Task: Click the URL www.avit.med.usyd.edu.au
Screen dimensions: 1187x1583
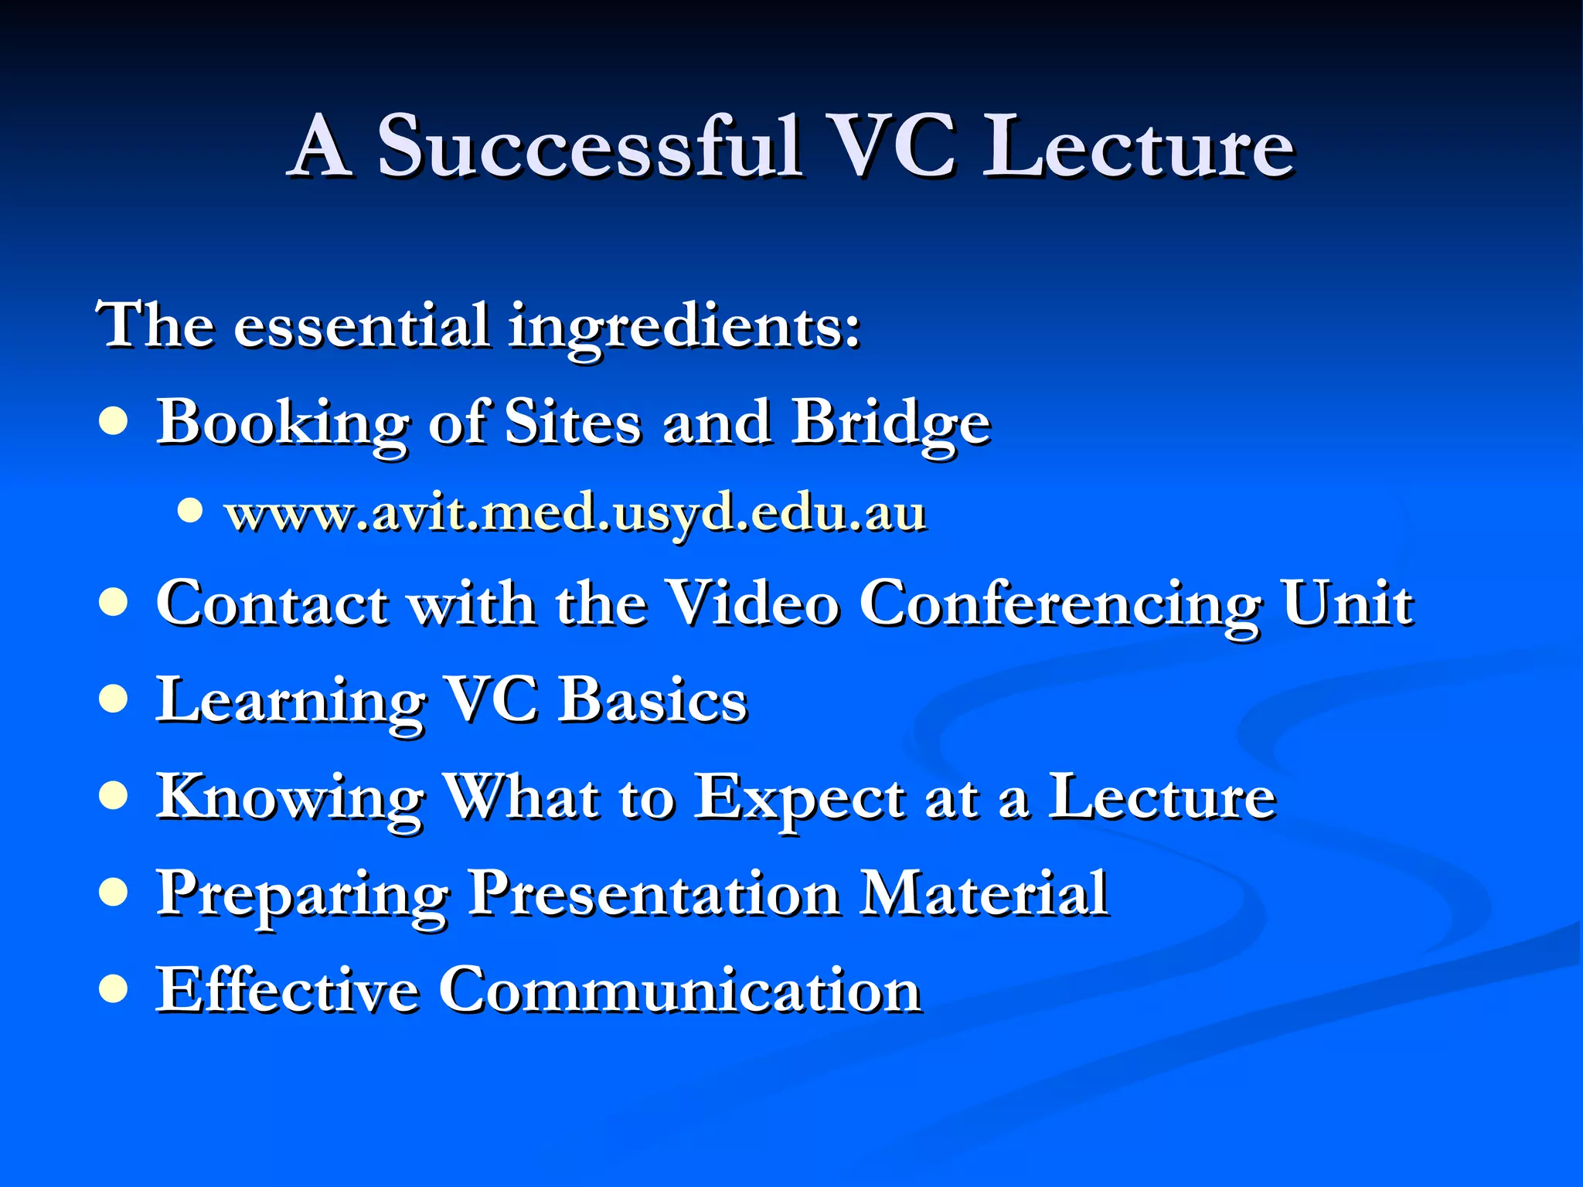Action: pyautogui.click(x=575, y=513)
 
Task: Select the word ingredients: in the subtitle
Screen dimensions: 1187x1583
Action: pyautogui.click(x=684, y=327)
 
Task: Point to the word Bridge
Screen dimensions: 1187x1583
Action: pyautogui.click(x=890, y=423)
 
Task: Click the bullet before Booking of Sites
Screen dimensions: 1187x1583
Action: pyautogui.click(x=114, y=423)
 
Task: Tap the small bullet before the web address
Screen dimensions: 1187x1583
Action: pyautogui.click(x=189, y=510)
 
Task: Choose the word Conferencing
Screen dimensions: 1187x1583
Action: pyautogui.click(x=1059, y=604)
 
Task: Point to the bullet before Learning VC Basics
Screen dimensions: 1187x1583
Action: pyautogui.click(x=114, y=699)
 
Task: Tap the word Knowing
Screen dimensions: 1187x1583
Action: pyautogui.click(x=290, y=799)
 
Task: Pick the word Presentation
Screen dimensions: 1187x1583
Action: pyautogui.click(x=655, y=894)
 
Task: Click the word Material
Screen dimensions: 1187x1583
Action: pyautogui.click(x=985, y=894)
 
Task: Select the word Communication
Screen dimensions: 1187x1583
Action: pyautogui.click(x=680, y=991)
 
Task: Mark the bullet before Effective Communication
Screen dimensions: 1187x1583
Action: pyautogui.click(x=114, y=989)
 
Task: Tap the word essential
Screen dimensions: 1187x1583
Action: pyautogui.click(x=361, y=325)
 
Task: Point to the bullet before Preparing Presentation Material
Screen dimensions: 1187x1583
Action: pyautogui.click(x=114, y=893)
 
